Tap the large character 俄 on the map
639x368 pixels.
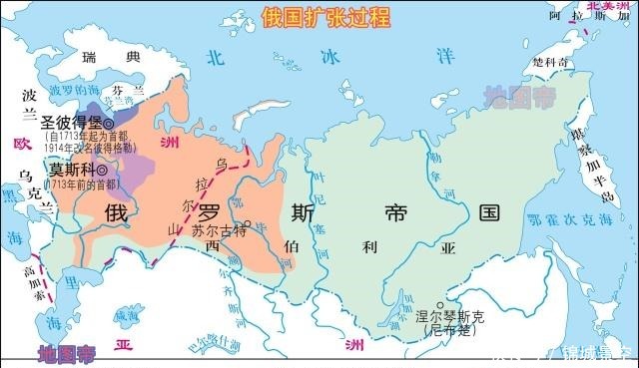tap(115, 212)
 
